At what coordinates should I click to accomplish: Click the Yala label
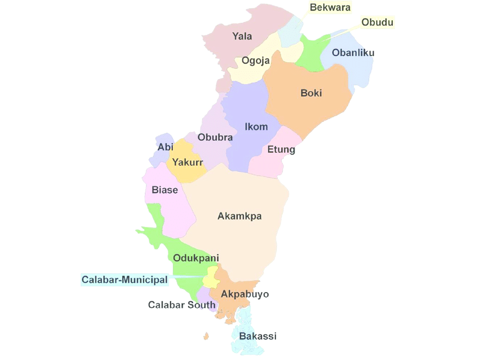pos(242,37)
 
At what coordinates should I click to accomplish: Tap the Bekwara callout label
pos(330,7)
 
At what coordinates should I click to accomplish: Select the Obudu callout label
pos(377,22)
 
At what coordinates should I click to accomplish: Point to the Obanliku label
pos(353,53)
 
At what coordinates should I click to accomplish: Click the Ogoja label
pos(255,61)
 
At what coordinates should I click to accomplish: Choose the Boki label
pos(311,93)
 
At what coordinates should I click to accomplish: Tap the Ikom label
pos(256,126)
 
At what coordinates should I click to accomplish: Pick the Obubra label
pos(215,137)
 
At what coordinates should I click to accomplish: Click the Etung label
pos(281,150)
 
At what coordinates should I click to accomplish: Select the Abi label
pos(165,147)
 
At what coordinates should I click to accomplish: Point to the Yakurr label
pos(187,163)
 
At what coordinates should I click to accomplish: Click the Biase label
pos(164,190)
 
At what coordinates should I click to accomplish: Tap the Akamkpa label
pos(240,216)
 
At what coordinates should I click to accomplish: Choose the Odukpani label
pos(196,258)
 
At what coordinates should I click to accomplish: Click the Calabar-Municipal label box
pos(125,279)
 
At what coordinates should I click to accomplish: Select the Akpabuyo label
pos(245,294)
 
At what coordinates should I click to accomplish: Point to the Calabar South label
pos(182,305)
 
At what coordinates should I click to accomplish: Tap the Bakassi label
pos(258,336)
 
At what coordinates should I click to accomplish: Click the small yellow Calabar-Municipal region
pos(211,277)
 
